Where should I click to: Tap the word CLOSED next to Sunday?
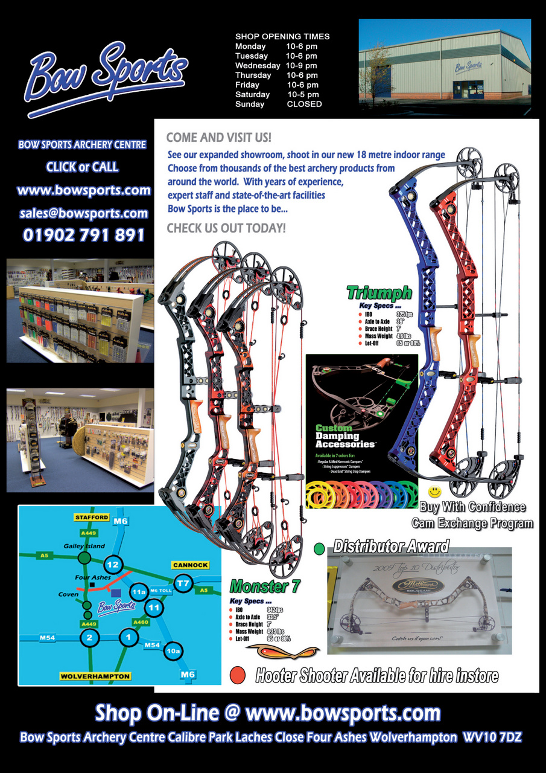pyautogui.click(x=304, y=104)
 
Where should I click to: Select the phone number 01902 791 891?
pyautogui.click(x=84, y=235)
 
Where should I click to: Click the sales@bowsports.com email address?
pyautogui.click(x=84, y=213)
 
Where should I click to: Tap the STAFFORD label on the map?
pyautogui.click(x=92, y=518)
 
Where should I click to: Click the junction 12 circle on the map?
pyautogui.click(x=113, y=565)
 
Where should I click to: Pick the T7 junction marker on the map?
pyautogui.click(x=183, y=583)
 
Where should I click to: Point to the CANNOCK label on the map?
pyautogui.click(x=190, y=565)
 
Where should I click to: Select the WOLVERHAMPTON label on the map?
pyautogui.click(x=95, y=676)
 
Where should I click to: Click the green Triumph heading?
pyautogui.click(x=379, y=294)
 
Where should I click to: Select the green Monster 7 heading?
pyautogui.click(x=265, y=586)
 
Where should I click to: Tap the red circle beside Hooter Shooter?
pyautogui.click(x=238, y=675)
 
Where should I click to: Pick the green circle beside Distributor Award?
pyautogui.click(x=320, y=548)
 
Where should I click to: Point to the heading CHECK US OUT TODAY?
pyautogui.click(x=226, y=229)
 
